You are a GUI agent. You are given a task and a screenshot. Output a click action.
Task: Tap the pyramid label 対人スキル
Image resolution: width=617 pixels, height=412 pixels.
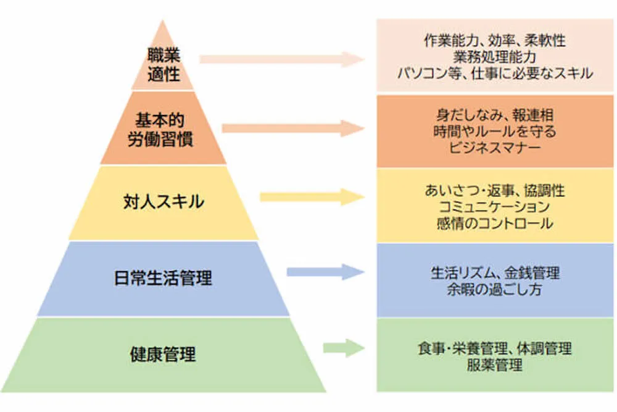coord(163,202)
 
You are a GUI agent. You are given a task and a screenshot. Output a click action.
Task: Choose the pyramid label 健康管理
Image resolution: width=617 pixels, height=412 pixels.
coord(163,355)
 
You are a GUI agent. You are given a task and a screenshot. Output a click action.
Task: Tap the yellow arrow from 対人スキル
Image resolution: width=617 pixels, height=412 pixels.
coord(312,197)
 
